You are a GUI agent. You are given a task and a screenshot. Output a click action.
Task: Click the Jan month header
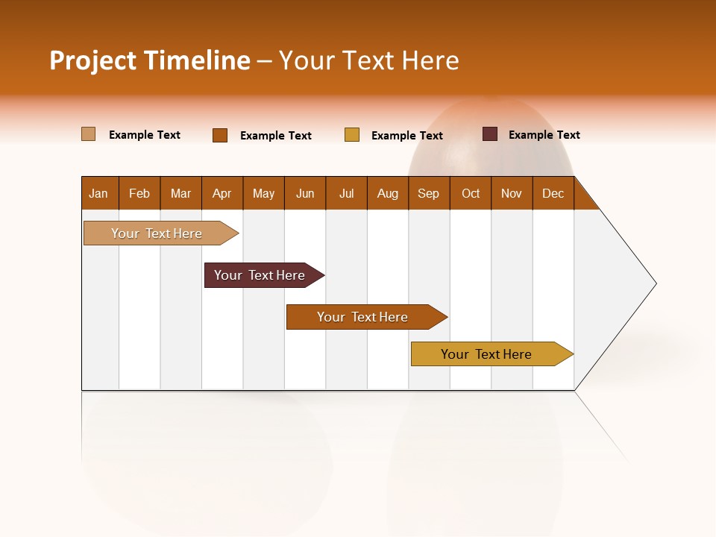[x=99, y=193]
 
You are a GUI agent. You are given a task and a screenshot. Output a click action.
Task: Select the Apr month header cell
[x=222, y=193]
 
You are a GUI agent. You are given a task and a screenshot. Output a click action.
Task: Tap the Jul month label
[x=346, y=193]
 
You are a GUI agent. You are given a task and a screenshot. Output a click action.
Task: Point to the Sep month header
[x=429, y=193]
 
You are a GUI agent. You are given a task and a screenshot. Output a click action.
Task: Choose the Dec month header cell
[x=553, y=193]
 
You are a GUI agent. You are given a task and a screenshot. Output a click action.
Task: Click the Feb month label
[x=139, y=193]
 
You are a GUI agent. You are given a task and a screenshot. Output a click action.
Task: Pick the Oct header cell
[x=471, y=193]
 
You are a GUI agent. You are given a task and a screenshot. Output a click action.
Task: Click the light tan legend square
[x=89, y=134]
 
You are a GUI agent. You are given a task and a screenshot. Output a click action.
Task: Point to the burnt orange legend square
[x=220, y=135]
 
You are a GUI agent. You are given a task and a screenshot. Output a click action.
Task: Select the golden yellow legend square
[x=352, y=135]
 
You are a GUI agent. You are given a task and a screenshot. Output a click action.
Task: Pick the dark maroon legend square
[x=490, y=134]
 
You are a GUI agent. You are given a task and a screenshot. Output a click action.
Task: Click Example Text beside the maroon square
[x=544, y=135]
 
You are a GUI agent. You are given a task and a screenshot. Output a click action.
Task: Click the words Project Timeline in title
[x=150, y=60]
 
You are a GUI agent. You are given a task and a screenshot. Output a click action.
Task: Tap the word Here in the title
[x=430, y=60]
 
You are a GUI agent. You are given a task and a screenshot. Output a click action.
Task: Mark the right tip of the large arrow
[x=655, y=283]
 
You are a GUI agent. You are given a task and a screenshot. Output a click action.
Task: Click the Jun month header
[x=305, y=193]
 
